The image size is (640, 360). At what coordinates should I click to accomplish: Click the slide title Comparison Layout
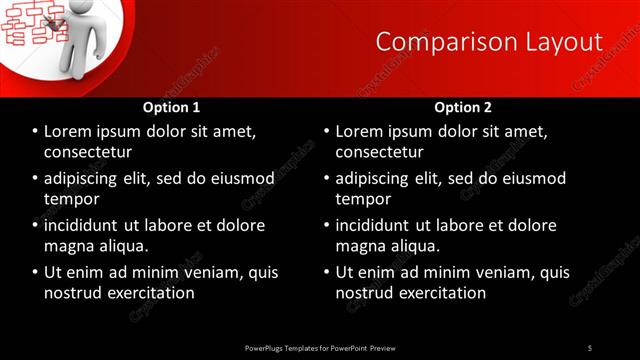(489, 41)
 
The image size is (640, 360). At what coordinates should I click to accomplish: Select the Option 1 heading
(171, 107)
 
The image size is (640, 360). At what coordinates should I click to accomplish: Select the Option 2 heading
(463, 107)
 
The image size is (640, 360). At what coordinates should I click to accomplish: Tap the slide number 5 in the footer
(590, 347)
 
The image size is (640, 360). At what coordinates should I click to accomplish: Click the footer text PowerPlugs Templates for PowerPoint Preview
(320, 347)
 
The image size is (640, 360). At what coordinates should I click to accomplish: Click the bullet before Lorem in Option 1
(35, 132)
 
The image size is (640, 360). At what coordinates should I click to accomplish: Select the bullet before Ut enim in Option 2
(327, 273)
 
